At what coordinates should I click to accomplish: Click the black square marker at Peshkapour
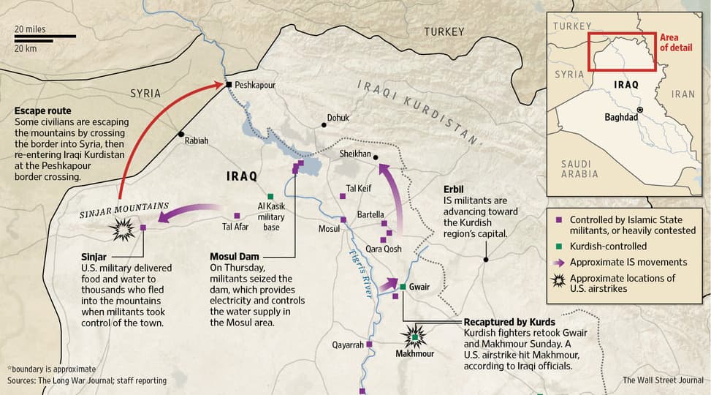(x=229, y=85)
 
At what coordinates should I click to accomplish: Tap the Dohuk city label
(x=338, y=117)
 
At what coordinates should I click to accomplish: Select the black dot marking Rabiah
(x=181, y=135)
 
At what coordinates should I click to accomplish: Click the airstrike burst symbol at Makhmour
(x=417, y=336)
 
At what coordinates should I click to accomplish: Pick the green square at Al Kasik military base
(x=270, y=196)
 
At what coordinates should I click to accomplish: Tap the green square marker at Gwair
(x=403, y=286)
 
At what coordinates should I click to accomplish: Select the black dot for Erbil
(x=486, y=259)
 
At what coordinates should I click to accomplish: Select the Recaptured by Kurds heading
(x=509, y=322)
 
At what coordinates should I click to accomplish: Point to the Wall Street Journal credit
(x=663, y=380)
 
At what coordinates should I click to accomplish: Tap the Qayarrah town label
(x=347, y=345)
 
